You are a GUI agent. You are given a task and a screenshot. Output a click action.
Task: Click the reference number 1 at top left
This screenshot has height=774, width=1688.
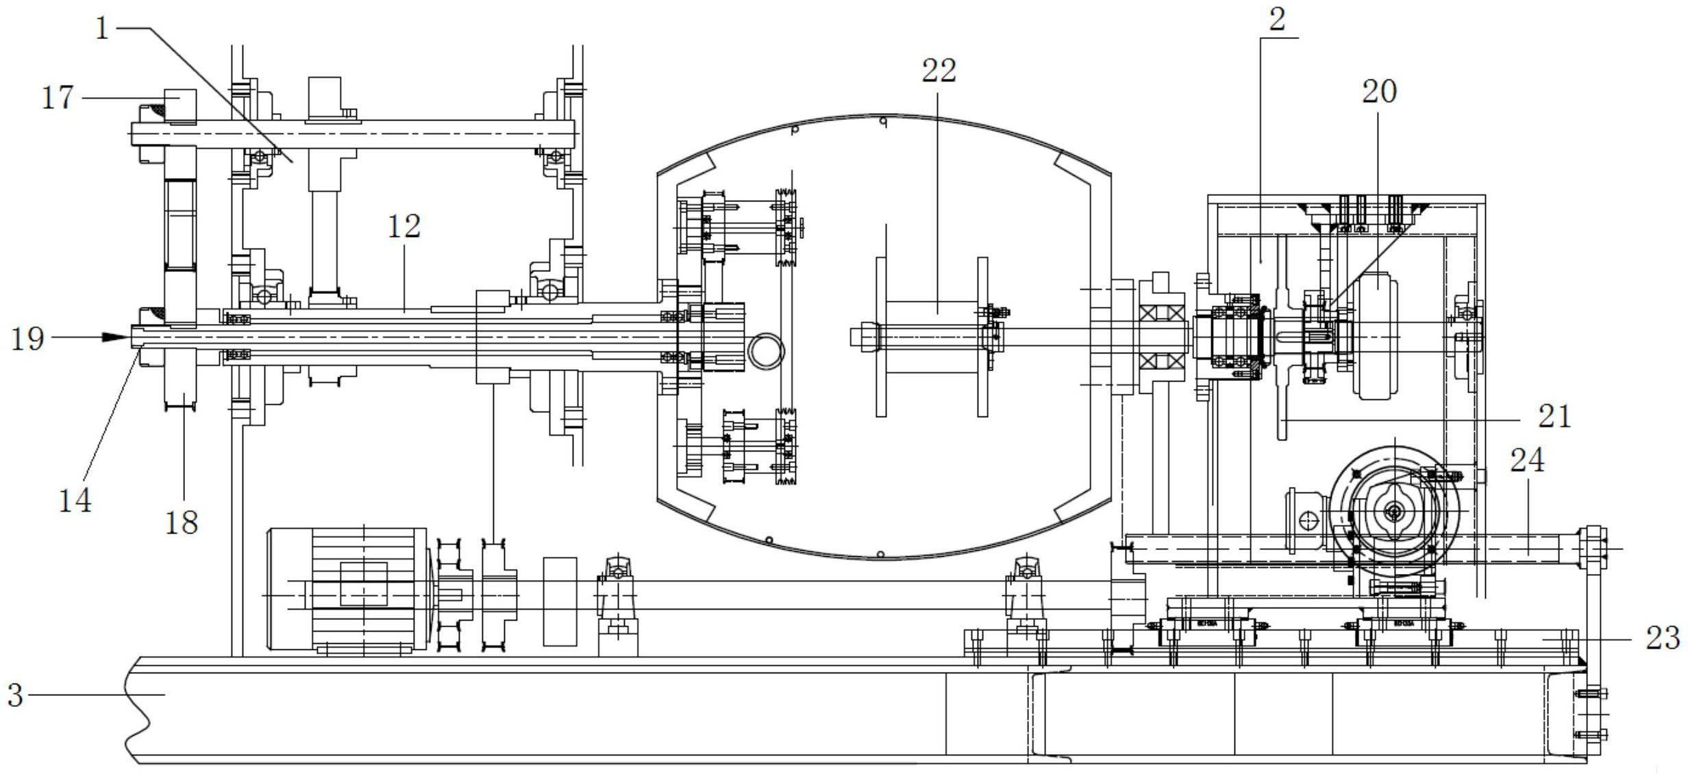tap(102, 29)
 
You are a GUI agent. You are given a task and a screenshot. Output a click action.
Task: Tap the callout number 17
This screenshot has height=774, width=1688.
tap(58, 98)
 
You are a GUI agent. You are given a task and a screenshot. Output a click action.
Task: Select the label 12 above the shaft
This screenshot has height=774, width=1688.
tap(404, 227)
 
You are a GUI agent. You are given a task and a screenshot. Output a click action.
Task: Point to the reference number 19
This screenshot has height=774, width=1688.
tap(27, 339)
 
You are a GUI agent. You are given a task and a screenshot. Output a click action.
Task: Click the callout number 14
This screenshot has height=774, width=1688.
tap(75, 501)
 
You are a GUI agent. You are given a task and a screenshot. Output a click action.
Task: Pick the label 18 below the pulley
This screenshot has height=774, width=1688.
tap(182, 523)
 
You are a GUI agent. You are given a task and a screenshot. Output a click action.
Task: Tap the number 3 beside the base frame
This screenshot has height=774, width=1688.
tap(15, 695)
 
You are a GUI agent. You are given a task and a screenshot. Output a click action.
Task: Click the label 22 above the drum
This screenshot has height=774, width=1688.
tap(939, 71)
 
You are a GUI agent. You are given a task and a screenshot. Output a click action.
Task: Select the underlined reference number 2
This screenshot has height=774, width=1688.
tap(1277, 20)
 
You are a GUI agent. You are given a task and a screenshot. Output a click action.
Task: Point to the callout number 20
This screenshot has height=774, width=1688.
tap(1379, 92)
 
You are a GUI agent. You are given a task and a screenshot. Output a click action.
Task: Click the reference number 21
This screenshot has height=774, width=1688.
tap(1554, 416)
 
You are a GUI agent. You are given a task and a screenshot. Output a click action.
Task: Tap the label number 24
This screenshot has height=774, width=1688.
tap(1527, 460)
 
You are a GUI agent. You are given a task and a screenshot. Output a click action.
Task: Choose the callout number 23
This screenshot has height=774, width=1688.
tap(1663, 638)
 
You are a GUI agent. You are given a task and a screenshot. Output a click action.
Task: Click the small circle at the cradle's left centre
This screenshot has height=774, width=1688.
tap(766, 351)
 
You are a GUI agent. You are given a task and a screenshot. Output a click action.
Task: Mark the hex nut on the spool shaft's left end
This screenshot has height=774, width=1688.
tap(865, 337)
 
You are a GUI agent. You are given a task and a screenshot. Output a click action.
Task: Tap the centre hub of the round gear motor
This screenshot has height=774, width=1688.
tap(1393, 511)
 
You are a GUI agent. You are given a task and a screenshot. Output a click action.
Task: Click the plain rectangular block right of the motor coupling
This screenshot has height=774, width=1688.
tap(560, 601)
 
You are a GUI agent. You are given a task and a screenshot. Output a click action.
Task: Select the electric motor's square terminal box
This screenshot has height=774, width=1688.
tap(363, 584)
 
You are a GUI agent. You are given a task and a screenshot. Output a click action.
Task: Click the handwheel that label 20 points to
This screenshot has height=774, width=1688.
tap(1375, 336)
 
